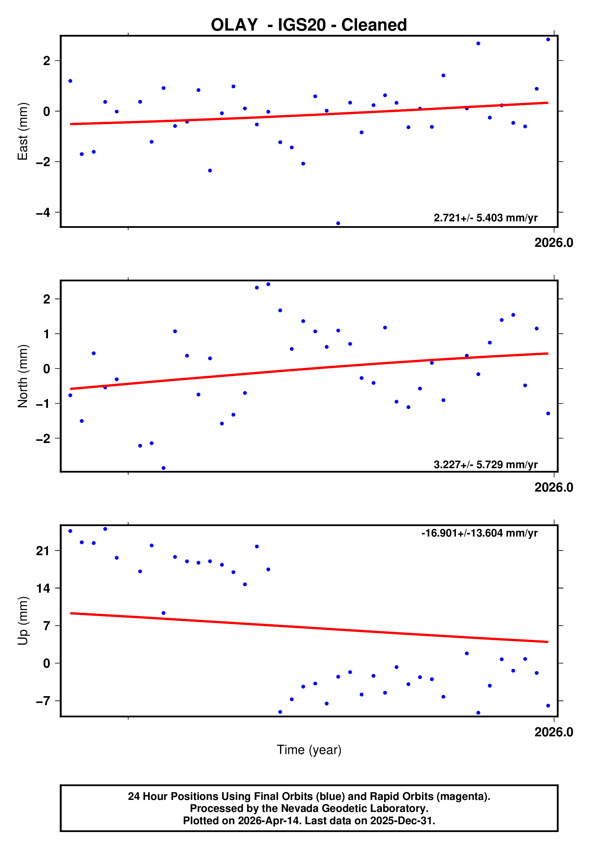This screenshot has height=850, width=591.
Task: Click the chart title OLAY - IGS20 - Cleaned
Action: tap(309, 25)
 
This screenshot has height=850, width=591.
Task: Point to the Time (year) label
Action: tap(309, 750)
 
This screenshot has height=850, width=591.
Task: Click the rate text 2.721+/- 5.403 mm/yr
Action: tap(485, 218)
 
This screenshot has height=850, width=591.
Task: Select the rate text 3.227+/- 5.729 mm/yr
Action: tap(485, 465)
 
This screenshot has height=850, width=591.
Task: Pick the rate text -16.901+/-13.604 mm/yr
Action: tap(479, 533)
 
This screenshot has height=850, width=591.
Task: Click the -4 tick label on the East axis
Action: tap(43, 212)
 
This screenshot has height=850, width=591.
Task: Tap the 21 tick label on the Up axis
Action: tap(43, 551)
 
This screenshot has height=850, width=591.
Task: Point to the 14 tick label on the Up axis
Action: tap(43, 588)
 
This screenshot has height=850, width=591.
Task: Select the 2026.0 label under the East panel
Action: tap(554, 243)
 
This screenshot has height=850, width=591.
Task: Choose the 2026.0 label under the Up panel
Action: tap(554, 732)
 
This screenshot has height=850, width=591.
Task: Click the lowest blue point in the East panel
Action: tap(338, 223)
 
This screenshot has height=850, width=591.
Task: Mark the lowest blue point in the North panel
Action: tap(164, 468)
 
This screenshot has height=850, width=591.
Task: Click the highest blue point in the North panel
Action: tap(268, 284)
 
